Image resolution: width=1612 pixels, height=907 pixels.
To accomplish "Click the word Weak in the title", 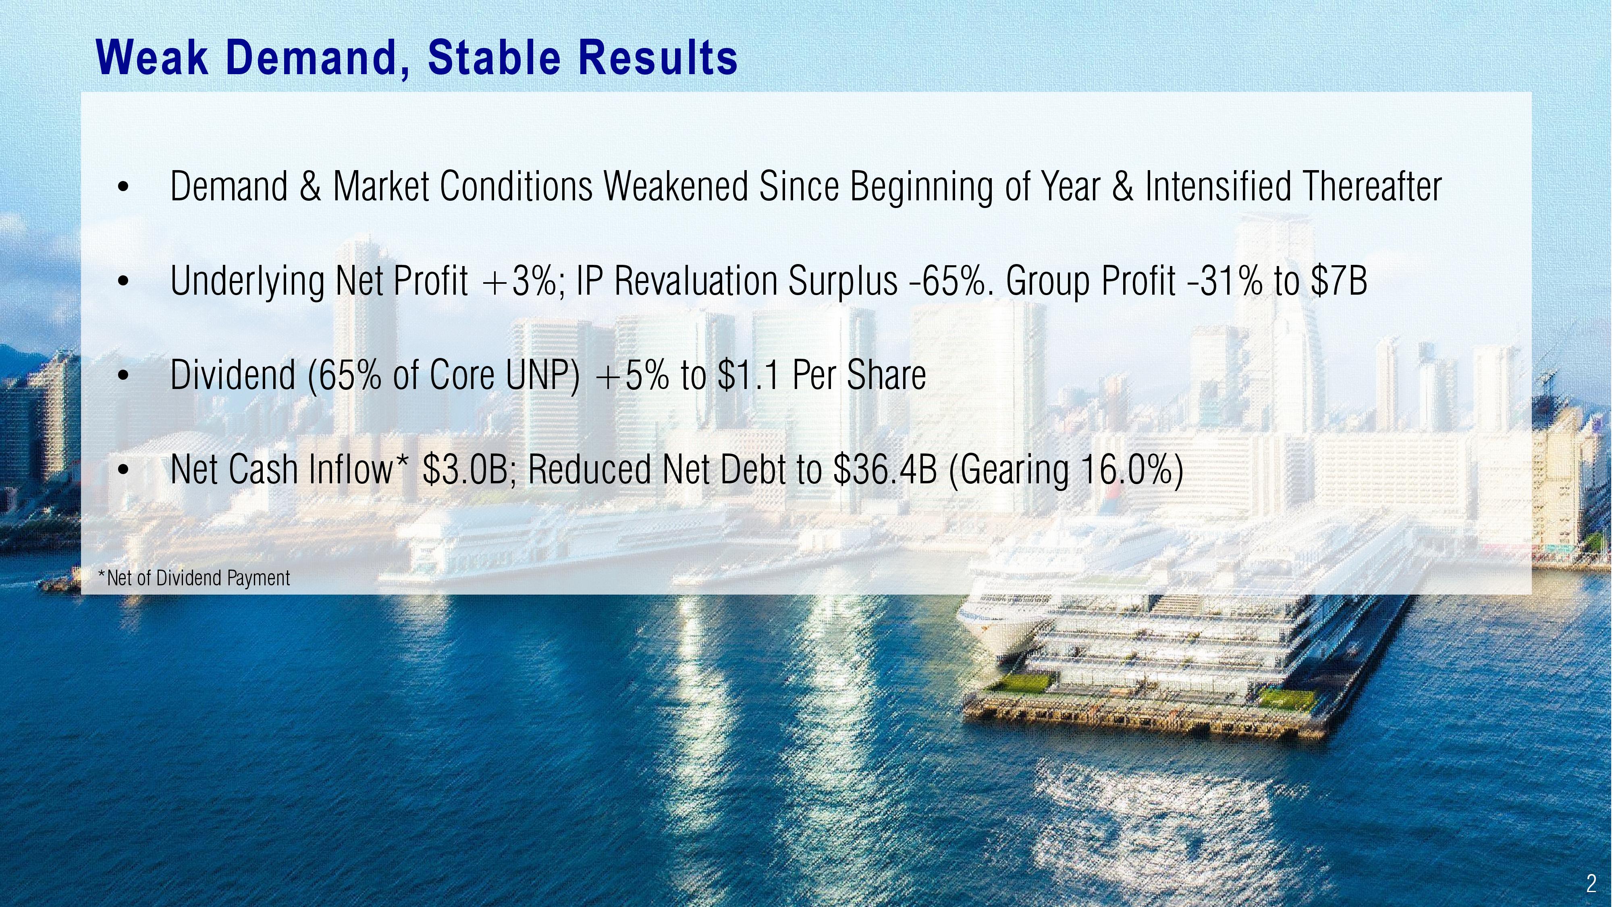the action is pyautogui.click(x=152, y=58).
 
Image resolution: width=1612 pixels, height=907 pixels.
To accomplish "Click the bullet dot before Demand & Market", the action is pyautogui.click(x=123, y=187).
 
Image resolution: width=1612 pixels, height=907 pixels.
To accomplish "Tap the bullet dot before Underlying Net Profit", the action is pyautogui.click(x=123, y=281).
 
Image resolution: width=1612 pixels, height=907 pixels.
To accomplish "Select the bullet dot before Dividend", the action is pyautogui.click(x=123, y=376).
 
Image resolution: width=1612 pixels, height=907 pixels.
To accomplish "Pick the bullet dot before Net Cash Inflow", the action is pyautogui.click(x=123, y=470).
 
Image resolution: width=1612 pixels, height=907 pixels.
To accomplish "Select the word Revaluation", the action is pyautogui.click(x=696, y=281).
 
